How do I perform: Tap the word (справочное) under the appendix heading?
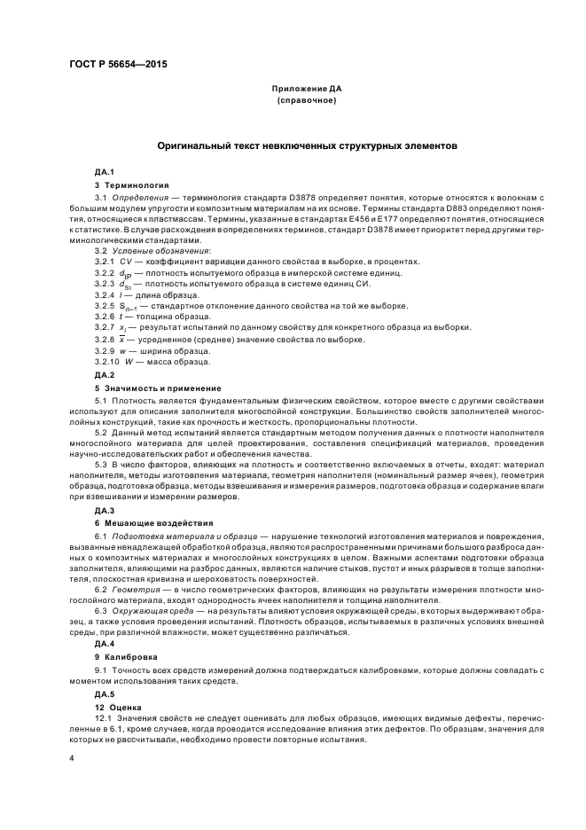(306, 102)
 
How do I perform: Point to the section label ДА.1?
(105, 170)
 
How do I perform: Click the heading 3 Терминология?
(131, 184)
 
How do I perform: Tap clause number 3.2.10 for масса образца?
(107, 361)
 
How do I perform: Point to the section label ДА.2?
(105, 375)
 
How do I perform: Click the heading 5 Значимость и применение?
(152, 388)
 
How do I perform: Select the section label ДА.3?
(105, 511)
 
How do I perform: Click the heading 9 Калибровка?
(129, 656)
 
